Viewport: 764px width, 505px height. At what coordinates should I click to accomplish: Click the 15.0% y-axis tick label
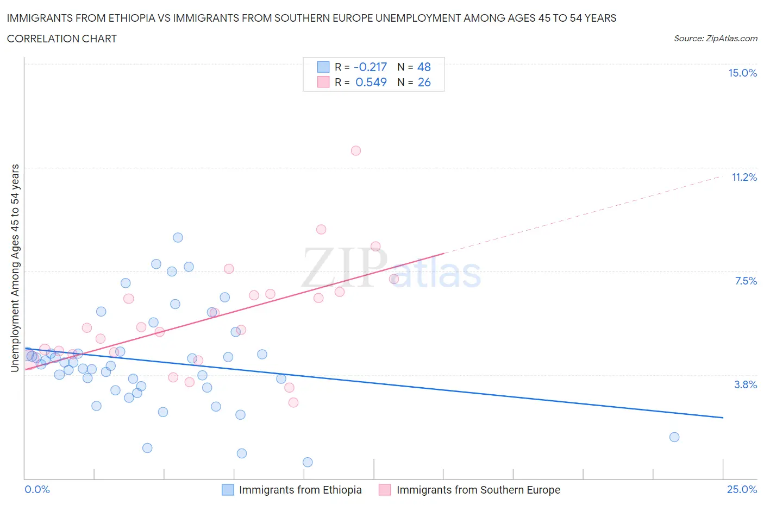pyautogui.click(x=742, y=73)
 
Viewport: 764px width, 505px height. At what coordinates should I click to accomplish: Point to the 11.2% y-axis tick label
pyautogui.click(x=744, y=178)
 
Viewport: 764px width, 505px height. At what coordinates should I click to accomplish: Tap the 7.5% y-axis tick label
pyautogui.click(x=746, y=281)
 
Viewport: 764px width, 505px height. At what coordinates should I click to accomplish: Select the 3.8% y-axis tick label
pyautogui.click(x=746, y=385)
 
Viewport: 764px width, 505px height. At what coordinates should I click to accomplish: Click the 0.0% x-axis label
pyautogui.click(x=37, y=490)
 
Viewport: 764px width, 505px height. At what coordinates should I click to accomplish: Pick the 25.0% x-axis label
pyautogui.click(x=742, y=490)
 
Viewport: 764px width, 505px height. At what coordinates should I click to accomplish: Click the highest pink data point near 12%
pyautogui.click(x=356, y=151)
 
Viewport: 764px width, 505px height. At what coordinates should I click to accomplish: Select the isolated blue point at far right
pyautogui.click(x=674, y=437)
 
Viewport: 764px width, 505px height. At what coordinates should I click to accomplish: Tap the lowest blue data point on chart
pyautogui.click(x=308, y=462)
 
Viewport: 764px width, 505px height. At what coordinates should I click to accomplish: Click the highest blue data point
pyautogui.click(x=178, y=237)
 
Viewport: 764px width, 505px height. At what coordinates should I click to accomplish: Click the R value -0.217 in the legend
pyautogui.click(x=370, y=67)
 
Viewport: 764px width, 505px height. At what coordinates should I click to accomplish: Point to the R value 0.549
pyautogui.click(x=371, y=83)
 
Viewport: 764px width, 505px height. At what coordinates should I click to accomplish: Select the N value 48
pyautogui.click(x=424, y=67)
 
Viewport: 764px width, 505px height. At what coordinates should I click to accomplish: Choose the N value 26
pyautogui.click(x=424, y=83)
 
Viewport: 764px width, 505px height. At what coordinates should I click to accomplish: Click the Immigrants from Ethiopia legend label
pyautogui.click(x=300, y=490)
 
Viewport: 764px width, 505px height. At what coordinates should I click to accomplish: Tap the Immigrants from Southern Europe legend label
pyautogui.click(x=478, y=490)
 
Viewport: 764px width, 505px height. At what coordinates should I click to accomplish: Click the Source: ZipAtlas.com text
pyautogui.click(x=715, y=39)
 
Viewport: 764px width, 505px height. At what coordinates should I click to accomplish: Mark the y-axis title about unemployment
pyautogui.click(x=15, y=268)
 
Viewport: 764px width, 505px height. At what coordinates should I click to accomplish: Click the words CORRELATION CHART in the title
pyautogui.click(x=62, y=39)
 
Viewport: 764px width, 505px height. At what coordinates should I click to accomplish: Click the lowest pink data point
pyautogui.click(x=293, y=402)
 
